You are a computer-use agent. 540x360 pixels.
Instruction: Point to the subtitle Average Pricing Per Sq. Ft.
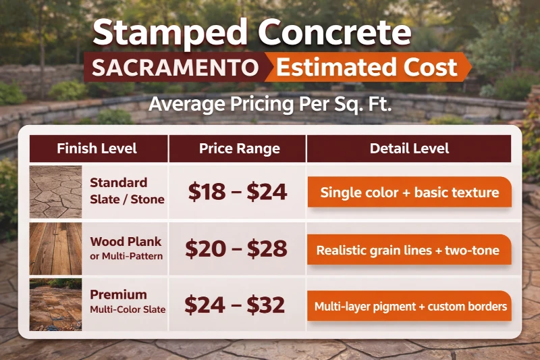[270, 105]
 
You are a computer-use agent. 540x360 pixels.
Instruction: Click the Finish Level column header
[97, 149]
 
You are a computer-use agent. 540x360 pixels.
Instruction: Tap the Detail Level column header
[409, 149]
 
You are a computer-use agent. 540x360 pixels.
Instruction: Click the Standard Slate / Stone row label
[127, 190]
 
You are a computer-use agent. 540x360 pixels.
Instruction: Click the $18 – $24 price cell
[238, 192]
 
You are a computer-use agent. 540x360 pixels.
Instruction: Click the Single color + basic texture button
[409, 192]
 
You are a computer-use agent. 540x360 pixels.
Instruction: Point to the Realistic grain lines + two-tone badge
[408, 251]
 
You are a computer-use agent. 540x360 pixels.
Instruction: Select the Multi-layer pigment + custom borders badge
[410, 307]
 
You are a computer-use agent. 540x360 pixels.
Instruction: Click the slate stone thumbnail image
[55, 191]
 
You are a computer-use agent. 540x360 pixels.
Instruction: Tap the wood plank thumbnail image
[55, 248]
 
